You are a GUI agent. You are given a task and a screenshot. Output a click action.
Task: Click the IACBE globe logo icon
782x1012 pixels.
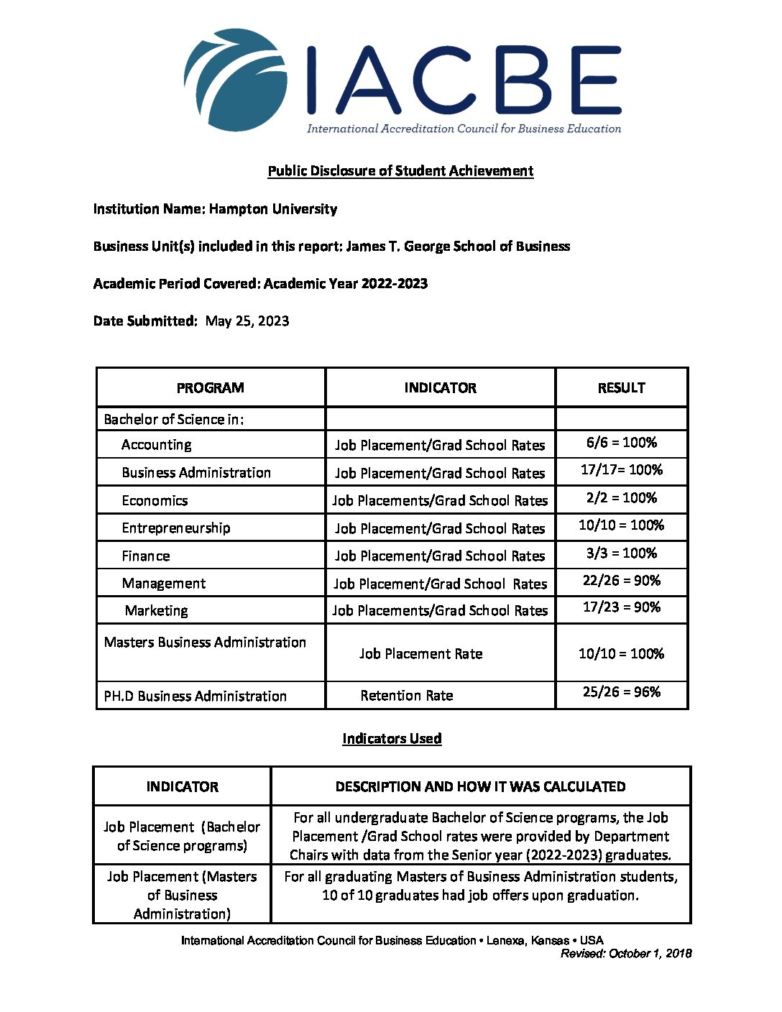(236, 80)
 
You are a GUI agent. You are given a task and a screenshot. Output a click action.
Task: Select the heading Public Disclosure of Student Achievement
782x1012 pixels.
(400, 171)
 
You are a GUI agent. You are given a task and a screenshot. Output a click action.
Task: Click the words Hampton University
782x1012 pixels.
(273, 209)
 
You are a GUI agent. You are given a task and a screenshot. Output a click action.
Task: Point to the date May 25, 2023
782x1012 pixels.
(247, 321)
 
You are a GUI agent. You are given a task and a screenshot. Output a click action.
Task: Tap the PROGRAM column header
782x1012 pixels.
(210, 388)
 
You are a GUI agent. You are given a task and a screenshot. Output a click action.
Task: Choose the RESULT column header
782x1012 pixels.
(621, 388)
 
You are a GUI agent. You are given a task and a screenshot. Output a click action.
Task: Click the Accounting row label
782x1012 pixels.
(157, 445)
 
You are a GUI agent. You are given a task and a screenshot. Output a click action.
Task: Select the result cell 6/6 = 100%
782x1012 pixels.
(621, 443)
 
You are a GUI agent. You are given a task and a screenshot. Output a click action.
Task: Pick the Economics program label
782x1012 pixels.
(155, 500)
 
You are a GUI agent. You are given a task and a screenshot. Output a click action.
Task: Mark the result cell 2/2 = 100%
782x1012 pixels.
(621, 498)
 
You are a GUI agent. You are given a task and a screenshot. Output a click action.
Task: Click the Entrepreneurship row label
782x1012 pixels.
(176, 528)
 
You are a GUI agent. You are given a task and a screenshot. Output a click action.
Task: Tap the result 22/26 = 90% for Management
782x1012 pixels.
(621, 581)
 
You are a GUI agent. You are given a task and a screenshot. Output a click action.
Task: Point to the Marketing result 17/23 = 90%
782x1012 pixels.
(621, 607)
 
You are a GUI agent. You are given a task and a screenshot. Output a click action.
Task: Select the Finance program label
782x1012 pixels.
(146, 556)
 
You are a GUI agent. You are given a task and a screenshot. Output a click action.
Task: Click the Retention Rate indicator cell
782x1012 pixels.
(407, 696)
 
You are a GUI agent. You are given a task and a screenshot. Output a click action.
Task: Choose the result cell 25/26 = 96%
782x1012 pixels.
(621, 692)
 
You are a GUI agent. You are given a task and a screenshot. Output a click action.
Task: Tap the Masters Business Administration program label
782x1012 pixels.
(205, 643)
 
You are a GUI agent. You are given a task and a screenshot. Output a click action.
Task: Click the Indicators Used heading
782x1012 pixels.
(392, 739)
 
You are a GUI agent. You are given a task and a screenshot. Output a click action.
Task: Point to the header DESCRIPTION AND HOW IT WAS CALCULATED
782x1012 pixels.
(480, 787)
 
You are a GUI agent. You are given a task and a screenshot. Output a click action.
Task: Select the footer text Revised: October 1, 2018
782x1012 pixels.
(626, 954)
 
